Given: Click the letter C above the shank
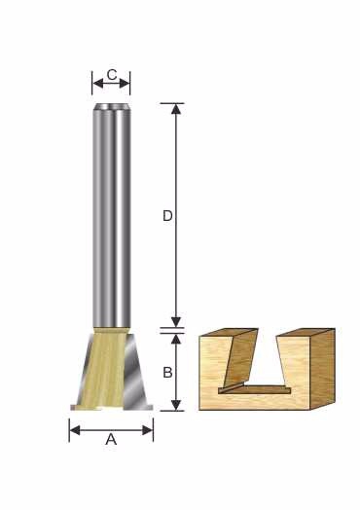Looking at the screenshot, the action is (x=112, y=75).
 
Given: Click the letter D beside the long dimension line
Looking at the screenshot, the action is (x=167, y=216).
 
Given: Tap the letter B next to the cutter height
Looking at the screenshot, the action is (x=167, y=372).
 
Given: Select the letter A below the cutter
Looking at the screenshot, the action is (x=111, y=440).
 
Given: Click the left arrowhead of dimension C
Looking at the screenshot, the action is (x=98, y=84).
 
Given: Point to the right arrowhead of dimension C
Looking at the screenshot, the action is (x=125, y=84).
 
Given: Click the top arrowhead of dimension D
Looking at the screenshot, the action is (x=176, y=109).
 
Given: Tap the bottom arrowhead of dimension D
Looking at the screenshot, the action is (x=176, y=322).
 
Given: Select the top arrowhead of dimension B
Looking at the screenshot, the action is (x=176, y=340).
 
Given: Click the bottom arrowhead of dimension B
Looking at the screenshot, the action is (x=176, y=405).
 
